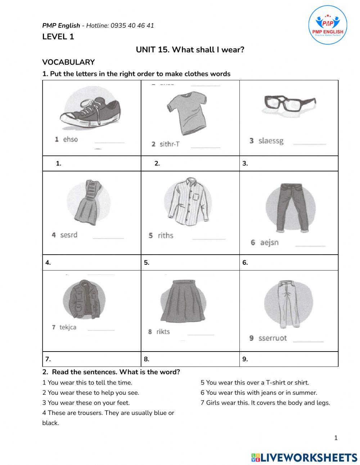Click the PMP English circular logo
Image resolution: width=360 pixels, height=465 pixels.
pyautogui.click(x=328, y=24)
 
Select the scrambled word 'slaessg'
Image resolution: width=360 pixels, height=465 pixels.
pyautogui.click(x=271, y=141)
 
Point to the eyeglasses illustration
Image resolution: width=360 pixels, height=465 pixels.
pyautogui.click(x=289, y=103)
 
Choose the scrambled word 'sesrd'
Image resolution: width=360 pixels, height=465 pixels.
pyautogui.click(x=68, y=235)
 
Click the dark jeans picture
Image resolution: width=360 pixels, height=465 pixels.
pyautogui.click(x=292, y=207)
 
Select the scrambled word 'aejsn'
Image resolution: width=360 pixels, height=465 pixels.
pyautogui.click(x=269, y=242)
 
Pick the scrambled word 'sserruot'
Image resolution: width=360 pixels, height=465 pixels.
pyautogui.click(x=273, y=338)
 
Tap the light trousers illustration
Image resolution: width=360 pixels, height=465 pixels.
pyautogui.click(x=288, y=305)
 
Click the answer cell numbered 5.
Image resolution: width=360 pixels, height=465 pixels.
pyautogui.click(x=190, y=263)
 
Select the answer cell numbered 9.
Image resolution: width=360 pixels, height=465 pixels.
pyautogui.click(x=289, y=359)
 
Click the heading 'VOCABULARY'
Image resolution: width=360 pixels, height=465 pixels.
pyautogui.click(x=68, y=62)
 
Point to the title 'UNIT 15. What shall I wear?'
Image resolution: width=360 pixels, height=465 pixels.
pyautogui.click(x=190, y=50)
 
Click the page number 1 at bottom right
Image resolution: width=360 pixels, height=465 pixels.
pyautogui.click(x=336, y=438)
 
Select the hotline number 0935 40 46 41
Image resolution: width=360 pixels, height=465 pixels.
pyautogui.click(x=132, y=26)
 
